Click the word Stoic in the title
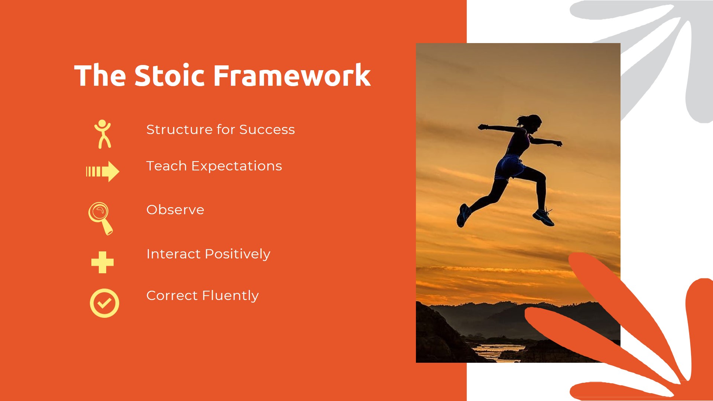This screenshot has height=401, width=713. point(169,76)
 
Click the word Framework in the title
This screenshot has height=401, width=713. point(292,76)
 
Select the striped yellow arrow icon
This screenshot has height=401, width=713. point(102,171)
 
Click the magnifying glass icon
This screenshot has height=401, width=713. point(100,218)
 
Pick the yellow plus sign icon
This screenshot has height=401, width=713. point(102,263)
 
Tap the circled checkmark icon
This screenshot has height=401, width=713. point(104,303)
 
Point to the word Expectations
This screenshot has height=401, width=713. point(237,166)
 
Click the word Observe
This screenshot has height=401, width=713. point(175,210)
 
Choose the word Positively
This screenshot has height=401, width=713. point(237,254)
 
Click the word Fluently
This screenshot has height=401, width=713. point(230,296)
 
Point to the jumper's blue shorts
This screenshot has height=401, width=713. point(510,167)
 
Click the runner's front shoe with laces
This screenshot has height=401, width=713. point(543,218)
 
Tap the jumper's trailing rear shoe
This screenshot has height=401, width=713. point(463,215)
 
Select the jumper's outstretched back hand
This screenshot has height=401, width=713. point(483,127)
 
